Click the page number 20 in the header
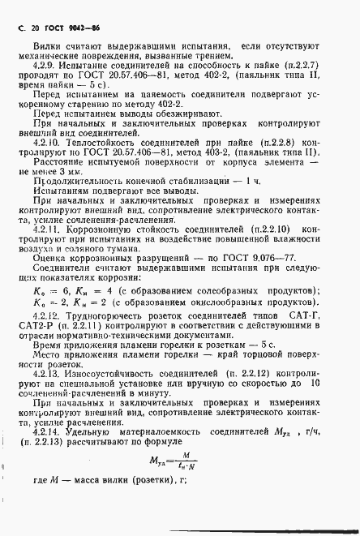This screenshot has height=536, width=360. pyautogui.click(x=36, y=28)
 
